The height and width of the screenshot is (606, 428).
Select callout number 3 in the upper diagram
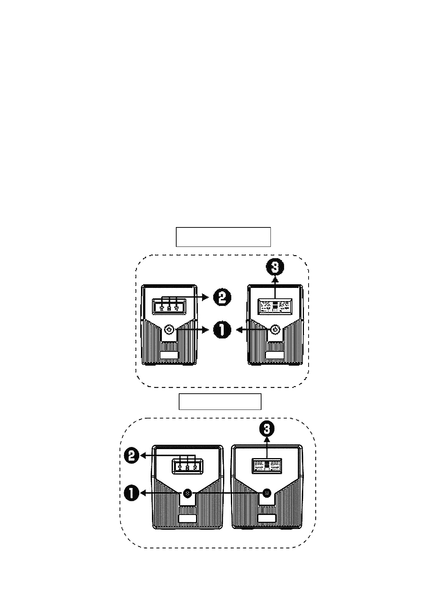(x=275, y=267)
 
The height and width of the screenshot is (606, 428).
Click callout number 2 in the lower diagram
(x=132, y=456)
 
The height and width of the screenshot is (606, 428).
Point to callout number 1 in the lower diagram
(x=132, y=493)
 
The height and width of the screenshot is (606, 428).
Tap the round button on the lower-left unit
(x=187, y=493)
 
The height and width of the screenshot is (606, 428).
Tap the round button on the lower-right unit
(x=267, y=493)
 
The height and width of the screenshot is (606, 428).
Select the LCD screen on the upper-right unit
(x=275, y=306)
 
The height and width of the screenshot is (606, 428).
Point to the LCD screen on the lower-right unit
(x=267, y=466)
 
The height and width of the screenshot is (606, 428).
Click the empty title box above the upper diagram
(x=223, y=237)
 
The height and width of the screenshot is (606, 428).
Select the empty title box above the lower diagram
(x=220, y=402)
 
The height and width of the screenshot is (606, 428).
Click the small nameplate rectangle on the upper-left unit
(x=169, y=355)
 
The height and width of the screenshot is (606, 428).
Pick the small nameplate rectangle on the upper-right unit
(x=275, y=355)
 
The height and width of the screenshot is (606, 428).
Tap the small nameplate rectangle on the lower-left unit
(x=187, y=519)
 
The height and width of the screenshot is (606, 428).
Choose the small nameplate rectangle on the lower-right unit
(x=267, y=519)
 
